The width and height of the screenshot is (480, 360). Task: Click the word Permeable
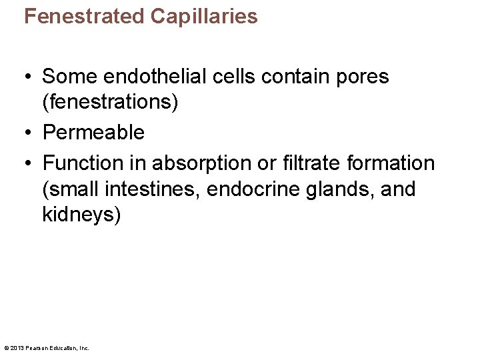(x=93, y=133)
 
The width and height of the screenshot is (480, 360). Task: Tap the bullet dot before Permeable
(x=29, y=133)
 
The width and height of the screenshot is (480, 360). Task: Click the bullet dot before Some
(x=29, y=77)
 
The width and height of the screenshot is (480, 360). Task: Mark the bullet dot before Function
(x=29, y=163)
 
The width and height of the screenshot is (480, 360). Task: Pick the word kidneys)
(x=82, y=217)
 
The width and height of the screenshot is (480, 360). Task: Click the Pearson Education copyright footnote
(x=47, y=348)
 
